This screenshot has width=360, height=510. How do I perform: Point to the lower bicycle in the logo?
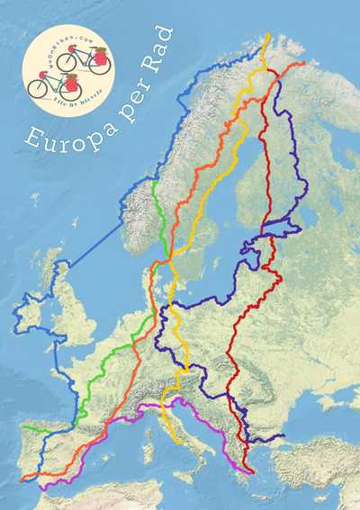pos(54,85)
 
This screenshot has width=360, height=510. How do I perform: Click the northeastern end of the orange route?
pos(304,63)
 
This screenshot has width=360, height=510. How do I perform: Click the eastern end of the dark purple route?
pos(284,437)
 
